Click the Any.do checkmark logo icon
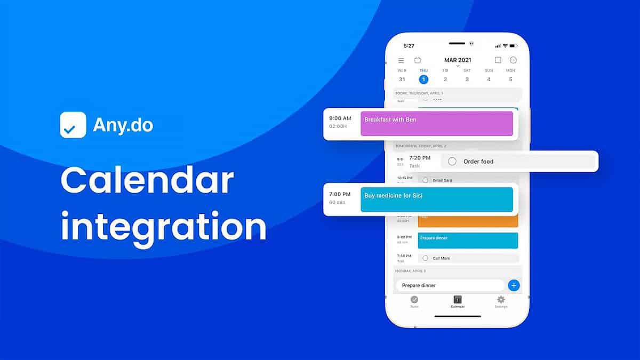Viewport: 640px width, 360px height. click(73, 125)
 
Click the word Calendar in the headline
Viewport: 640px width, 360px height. click(147, 181)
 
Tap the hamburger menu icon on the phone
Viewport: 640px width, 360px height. click(401, 61)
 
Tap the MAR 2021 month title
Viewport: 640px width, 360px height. click(458, 60)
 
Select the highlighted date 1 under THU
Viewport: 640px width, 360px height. click(423, 79)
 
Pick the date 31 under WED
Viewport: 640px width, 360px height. click(402, 79)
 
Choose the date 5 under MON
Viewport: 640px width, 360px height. click(510, 79)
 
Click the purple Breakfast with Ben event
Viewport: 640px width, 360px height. click(436, 124)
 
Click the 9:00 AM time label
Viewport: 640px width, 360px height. click(340, 118)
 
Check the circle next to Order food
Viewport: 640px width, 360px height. click(452, 161)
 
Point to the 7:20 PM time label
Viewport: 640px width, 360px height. click(420, 158)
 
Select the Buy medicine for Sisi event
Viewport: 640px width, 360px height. click(436, 199)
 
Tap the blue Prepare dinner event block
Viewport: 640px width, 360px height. click(468, 241)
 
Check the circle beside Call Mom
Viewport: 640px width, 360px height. click(425, 258)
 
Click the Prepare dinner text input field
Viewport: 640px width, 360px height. click(450, 285)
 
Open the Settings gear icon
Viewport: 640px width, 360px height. click(501, 300)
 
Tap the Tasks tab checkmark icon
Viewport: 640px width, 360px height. click(414, 300)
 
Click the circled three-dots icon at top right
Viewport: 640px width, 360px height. click(513, 60)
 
